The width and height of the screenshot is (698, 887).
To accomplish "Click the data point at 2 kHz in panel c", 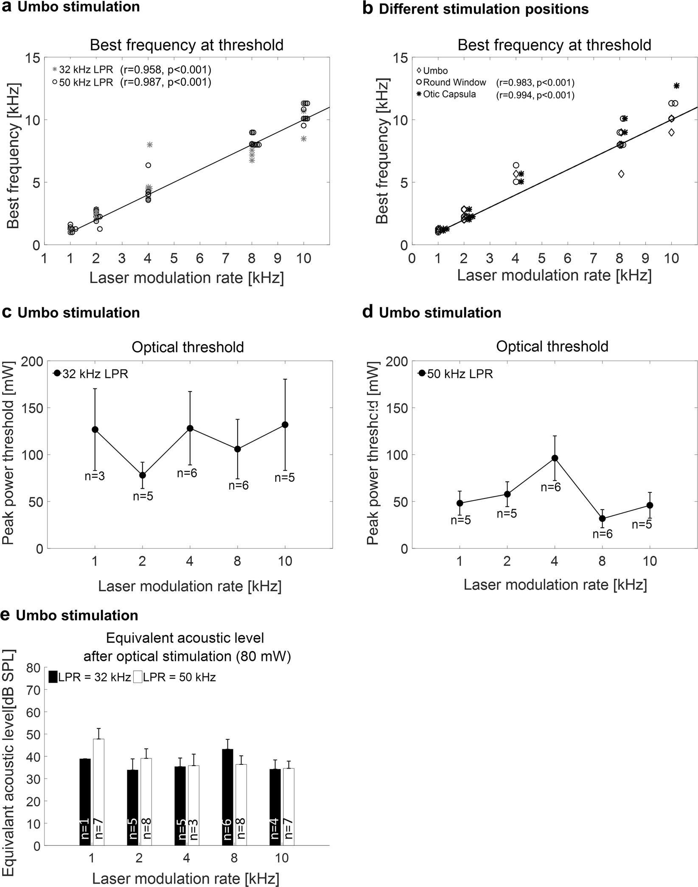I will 143,475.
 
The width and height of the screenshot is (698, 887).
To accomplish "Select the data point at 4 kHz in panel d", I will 555,458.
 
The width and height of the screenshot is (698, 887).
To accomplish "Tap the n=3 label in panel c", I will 95,476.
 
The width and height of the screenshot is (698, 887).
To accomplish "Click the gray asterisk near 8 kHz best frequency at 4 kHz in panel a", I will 149,145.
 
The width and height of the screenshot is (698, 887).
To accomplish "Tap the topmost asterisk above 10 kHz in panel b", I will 676,86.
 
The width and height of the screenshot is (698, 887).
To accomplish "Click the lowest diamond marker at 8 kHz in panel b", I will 621,174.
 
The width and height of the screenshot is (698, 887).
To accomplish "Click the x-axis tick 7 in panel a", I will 226,258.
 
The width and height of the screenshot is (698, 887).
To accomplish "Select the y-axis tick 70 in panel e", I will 36,690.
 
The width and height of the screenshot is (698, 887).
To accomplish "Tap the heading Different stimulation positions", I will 483,9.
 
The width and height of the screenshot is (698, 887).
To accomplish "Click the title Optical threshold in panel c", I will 188,347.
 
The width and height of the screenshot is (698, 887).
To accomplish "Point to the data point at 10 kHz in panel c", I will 285,425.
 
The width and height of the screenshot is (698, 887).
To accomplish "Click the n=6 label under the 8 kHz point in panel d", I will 603,534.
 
